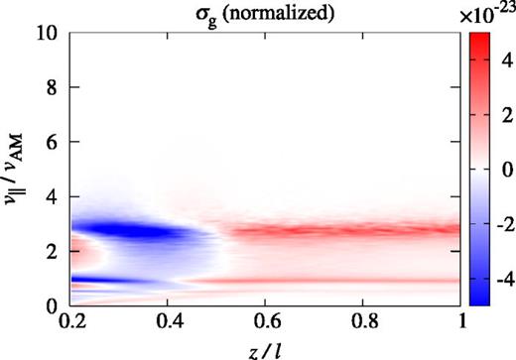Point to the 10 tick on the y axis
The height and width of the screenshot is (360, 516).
pyautogui.click(x=49, y=34)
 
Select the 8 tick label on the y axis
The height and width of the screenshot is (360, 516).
pyautogui.click(x=53, y=88)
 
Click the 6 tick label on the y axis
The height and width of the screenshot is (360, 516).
pyautogui.click(x=53, y=143)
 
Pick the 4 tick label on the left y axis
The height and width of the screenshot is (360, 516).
pyautogui.click(x=53, y=197)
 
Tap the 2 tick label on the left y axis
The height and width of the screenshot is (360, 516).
pyautogui.click(x=53, y=252)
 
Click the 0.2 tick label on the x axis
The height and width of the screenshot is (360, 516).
pyautogui.click(x=71, y=323)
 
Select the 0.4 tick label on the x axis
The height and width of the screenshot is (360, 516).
pyautogui.click(x=169, y=323)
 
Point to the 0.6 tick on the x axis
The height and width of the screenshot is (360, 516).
pyautogui.click(x=266, y=323)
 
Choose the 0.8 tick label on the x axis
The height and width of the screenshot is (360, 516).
pyautogui.click(x=363, y=323)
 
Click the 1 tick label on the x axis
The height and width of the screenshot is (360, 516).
pyautogui.click(x=459, y=323)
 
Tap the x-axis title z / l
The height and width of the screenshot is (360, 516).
pyautogui.click(x=264, y=347)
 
